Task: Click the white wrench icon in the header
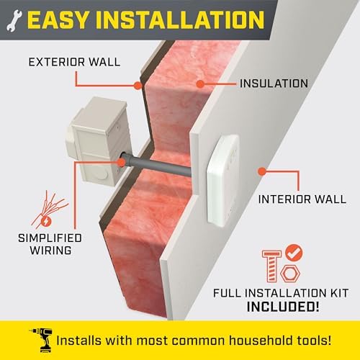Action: pos(14,21)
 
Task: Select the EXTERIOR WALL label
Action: pos(74,62)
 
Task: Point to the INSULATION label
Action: pos(274,84)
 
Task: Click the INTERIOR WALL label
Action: pos(302,199)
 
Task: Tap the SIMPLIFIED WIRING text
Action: pos(50,244)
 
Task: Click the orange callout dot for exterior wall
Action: pos(138,86)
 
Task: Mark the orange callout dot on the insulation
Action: pos(200,84)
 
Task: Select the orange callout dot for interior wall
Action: pos(262,171)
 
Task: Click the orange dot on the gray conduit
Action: pos(121,163)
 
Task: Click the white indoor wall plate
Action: pos(223,181)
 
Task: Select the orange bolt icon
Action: pos(271,266)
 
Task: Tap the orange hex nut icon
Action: pos(290,273)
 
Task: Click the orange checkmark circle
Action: pos(294,253)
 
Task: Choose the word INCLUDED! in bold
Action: pos(283,307)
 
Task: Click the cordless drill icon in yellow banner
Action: pos(41,340)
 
